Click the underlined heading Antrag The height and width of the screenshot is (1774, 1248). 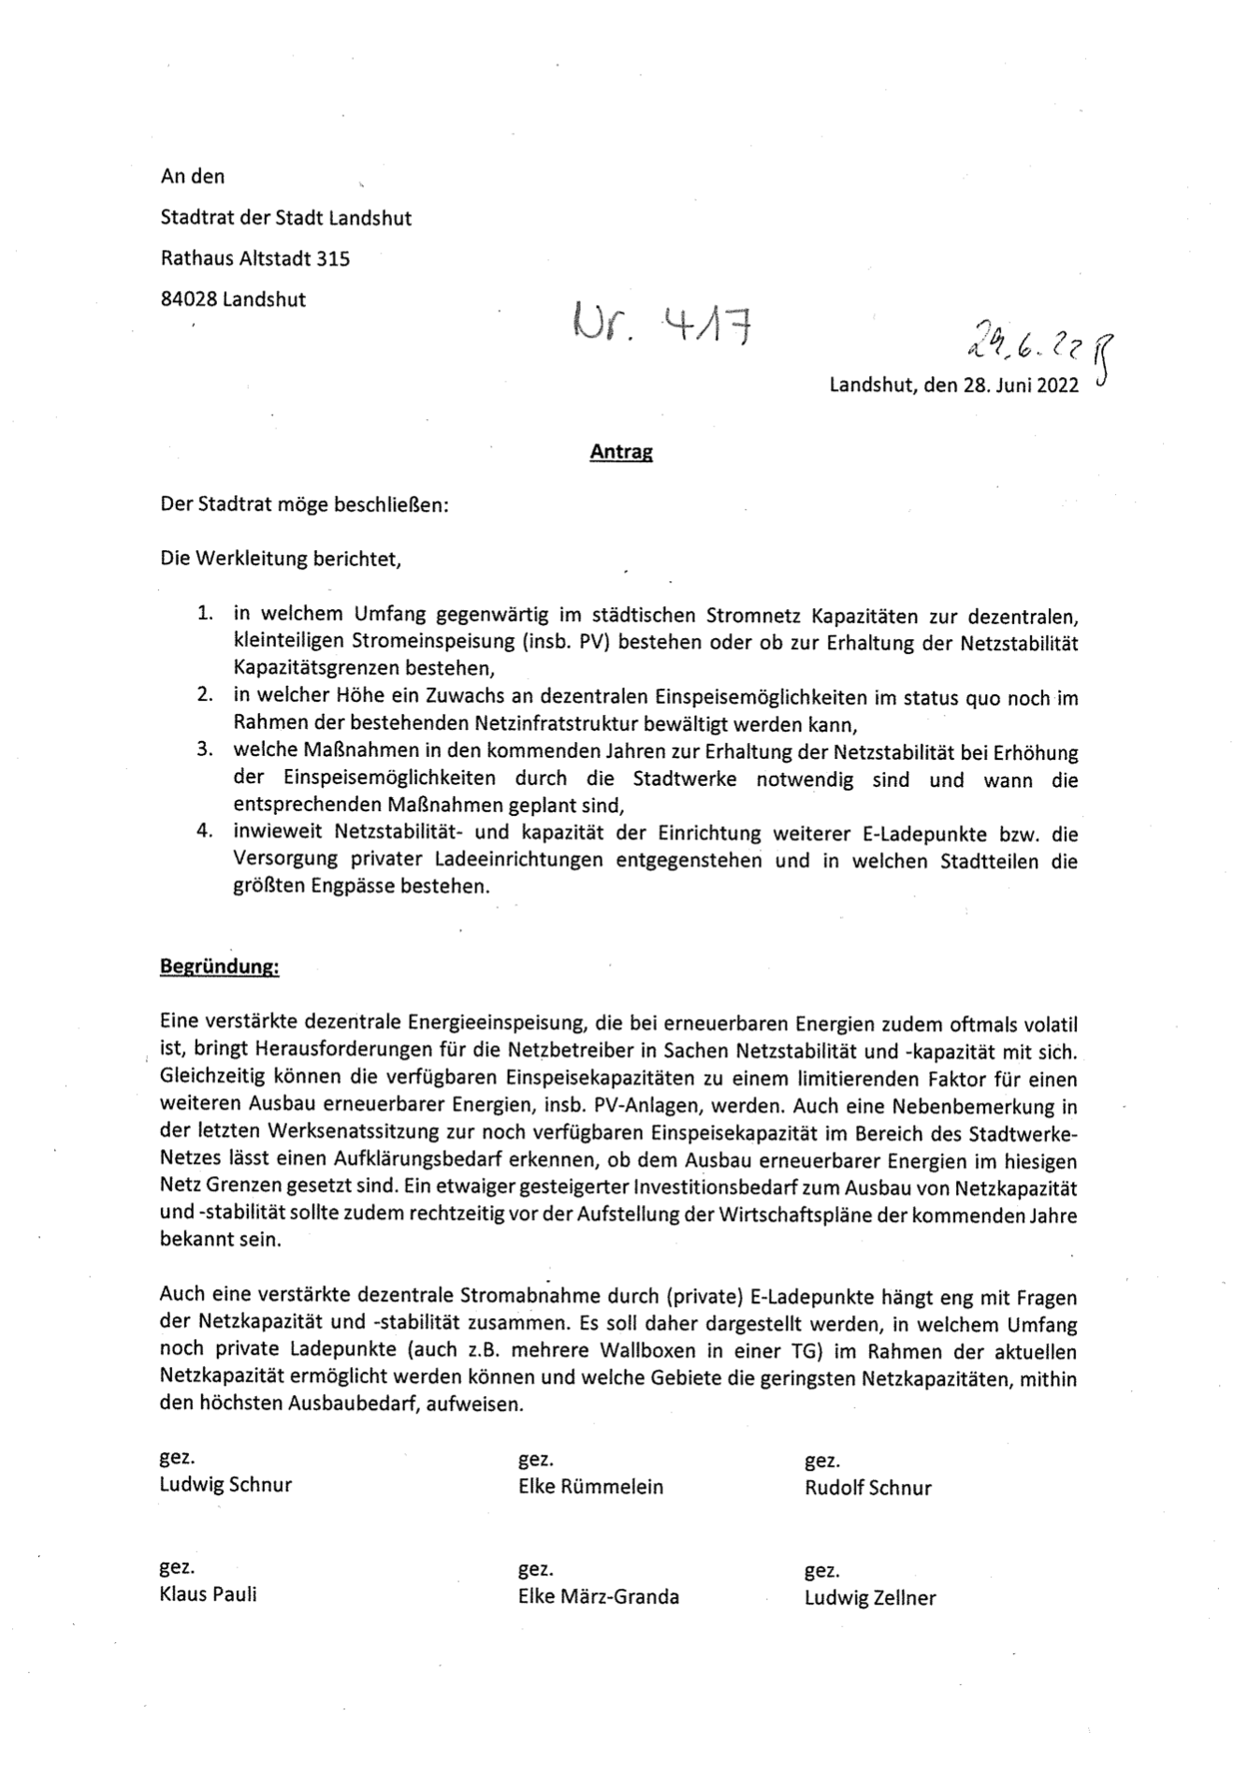620,453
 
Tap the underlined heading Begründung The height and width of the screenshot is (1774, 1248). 219,967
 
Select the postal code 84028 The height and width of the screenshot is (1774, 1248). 189,300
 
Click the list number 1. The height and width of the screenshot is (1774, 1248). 205,615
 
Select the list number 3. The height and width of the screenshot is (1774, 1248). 205,750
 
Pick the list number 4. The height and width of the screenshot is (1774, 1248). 205,832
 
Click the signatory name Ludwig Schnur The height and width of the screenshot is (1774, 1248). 225,1485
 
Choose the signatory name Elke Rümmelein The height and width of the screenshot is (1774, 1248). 590,1487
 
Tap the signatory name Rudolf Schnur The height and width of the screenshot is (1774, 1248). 867,1488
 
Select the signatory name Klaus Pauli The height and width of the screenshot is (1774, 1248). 208,1594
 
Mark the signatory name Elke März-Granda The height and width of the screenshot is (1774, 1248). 598,1597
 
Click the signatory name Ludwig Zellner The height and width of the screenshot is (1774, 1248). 869,1598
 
